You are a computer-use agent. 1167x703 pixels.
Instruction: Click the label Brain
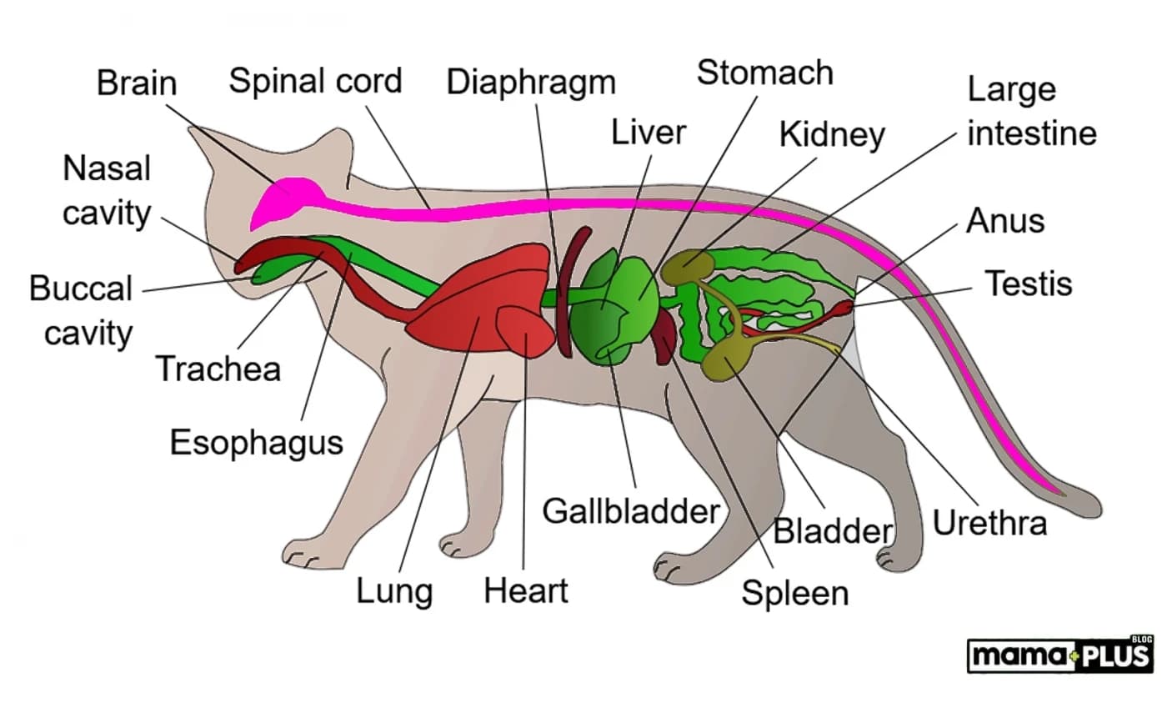(x=137, y=84)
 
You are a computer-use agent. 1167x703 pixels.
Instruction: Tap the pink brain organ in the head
(x=288, y=198)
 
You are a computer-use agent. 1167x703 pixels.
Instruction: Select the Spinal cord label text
(x=315, y=81)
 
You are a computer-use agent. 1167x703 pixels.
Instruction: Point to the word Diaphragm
(x=531, y=83)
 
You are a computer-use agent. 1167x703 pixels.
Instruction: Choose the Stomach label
(x=764, y=73)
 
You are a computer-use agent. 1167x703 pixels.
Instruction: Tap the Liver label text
(x=648, y=132)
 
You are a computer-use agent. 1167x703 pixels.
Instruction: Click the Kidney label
(x=832, y=133)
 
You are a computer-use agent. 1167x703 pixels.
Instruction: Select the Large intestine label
(x=1031, y=112)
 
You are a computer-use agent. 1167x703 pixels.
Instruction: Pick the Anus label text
(x=1005, y=222)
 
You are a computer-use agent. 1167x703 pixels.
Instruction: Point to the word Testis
(x=1029, y=284)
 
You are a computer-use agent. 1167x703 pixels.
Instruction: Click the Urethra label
(x=989, y=523)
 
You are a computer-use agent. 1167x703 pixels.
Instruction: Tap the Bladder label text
(x=834, y=531)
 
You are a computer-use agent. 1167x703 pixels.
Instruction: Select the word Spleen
(x=795, y=593)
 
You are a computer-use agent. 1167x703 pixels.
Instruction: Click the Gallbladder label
(x=630, y=510)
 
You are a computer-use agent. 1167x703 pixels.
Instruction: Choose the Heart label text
(x=525, y=591)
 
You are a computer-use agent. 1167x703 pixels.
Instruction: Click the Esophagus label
(x=257, y=442)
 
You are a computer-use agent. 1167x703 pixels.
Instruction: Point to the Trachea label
(x=218, y=368)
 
